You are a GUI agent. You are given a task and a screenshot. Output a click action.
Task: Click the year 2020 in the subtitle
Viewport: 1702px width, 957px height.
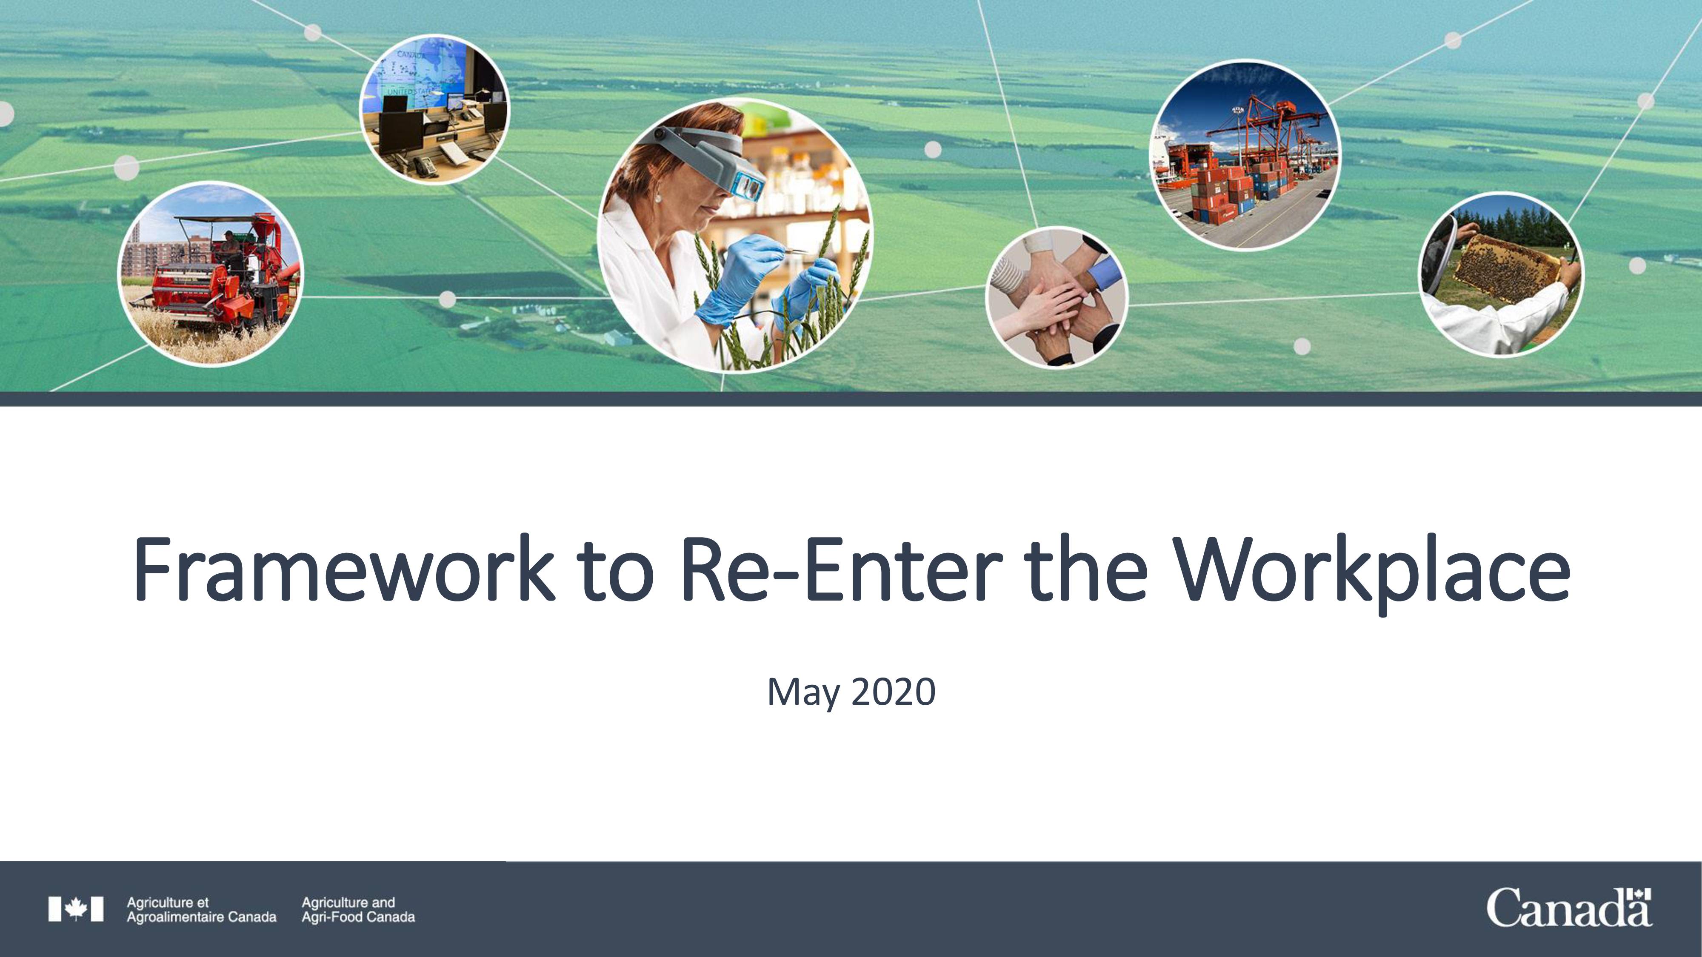[x=893, y=692]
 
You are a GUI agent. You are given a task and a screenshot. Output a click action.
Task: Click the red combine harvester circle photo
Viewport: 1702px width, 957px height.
[x=210, y=274]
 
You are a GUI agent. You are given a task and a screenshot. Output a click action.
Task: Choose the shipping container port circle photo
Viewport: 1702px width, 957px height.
[x=1245, y=156]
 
